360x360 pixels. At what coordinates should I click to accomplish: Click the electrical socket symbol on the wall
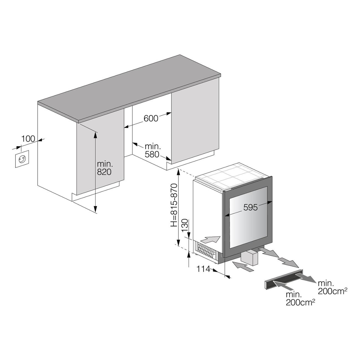[x=22, y=159]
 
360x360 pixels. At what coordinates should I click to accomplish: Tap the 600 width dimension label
[x=151, y=118]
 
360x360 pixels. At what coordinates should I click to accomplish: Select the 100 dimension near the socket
[x=28, y=139]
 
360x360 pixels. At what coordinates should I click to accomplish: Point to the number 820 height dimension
[x=104, y=172]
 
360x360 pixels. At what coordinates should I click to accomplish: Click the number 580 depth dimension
[x=152, y=154]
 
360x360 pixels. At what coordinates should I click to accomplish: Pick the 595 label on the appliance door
[x=251, y=207]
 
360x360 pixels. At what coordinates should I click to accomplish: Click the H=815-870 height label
[x=174, y=205]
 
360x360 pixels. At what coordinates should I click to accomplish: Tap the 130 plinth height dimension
[x=184, y=225]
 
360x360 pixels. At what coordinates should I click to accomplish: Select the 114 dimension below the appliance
[x=204, y=269]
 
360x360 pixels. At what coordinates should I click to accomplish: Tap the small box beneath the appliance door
[x=249, y=258]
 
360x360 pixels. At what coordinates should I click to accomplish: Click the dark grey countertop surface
[x=129, y=88]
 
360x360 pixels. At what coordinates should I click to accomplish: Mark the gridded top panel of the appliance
[x=232, y=175]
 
